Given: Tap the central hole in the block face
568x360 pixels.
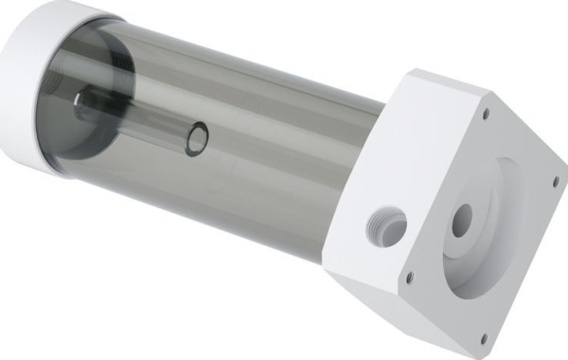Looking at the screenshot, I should (x=462, y=221).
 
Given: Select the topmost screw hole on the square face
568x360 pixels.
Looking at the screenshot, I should (x=487, y=113).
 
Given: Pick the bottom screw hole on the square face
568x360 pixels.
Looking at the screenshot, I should (x=483, y=335).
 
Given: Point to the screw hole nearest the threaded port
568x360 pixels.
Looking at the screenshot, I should (x=409, y=278).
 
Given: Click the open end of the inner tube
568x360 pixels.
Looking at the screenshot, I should (x=197, y=137).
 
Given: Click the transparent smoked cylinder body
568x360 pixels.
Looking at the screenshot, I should (x=265, y=161).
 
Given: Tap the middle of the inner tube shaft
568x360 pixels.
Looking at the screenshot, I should (x=142, y=118).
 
